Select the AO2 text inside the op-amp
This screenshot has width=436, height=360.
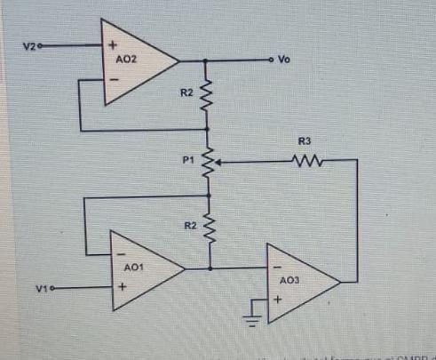[127, 59]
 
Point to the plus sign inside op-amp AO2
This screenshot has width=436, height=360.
[113, 44]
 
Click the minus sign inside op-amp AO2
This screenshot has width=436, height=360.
[113, 79]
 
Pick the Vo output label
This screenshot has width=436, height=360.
[285, 60]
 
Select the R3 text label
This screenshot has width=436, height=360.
[304, 141]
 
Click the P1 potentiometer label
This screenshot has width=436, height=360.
[187, 161]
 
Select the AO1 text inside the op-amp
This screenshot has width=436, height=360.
[133, 267]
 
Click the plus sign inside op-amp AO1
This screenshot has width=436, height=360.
[120, 288]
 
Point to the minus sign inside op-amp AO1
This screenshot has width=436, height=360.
[120, 252]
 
